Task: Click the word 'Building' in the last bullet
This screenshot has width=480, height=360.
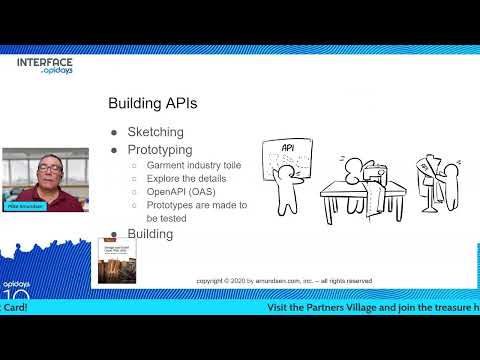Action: (150, 234)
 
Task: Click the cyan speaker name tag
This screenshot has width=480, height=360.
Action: (21, 203)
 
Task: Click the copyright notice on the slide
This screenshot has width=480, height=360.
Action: (284, 281)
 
